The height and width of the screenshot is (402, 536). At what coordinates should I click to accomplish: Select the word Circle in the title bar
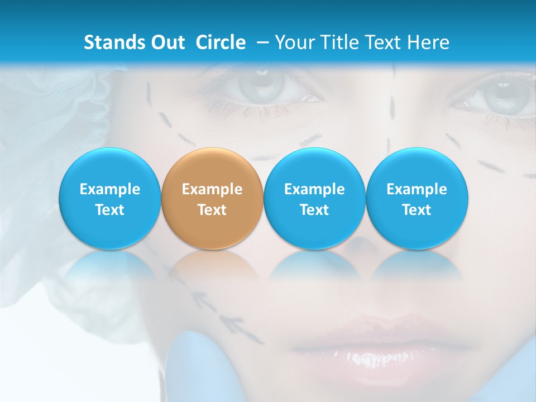[x=221, y=42]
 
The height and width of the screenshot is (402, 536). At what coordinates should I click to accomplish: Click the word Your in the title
[x=295, y=42]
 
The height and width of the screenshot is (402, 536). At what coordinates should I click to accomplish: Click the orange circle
[x=212, y=199]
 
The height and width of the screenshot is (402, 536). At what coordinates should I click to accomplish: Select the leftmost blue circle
[x=109, y=199]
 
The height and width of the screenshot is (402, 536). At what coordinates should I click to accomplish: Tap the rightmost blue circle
[x=417, y=199]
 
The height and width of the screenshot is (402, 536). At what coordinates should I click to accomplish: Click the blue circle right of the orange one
[x=314, y=199]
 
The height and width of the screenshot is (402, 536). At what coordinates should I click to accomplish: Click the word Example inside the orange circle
[x=212, y=189]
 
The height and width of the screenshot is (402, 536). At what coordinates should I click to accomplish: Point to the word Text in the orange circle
[x=212, y=210]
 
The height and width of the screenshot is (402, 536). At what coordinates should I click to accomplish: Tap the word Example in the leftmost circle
[x=109, y=189]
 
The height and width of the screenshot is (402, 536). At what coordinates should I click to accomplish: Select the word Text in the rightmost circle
[x=417, y=210]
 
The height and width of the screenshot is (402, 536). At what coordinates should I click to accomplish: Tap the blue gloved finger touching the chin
[x=195, y=363]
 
